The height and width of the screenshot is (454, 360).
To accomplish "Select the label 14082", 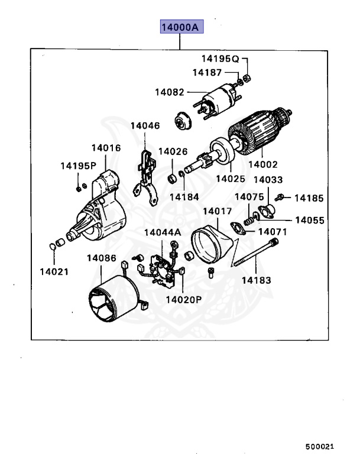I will [x=170, y=92].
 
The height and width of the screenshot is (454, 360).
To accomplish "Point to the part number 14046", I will [x=145, y=126].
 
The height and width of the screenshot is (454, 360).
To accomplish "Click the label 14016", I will [x=106, y=148].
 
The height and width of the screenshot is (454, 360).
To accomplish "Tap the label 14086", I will [x=101, y=258].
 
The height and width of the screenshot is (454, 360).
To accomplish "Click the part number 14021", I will [x=54, y=272].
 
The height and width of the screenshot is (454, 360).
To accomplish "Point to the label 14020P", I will [x=184, y=299].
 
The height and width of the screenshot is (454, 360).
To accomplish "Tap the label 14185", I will [x=309, y=198].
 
